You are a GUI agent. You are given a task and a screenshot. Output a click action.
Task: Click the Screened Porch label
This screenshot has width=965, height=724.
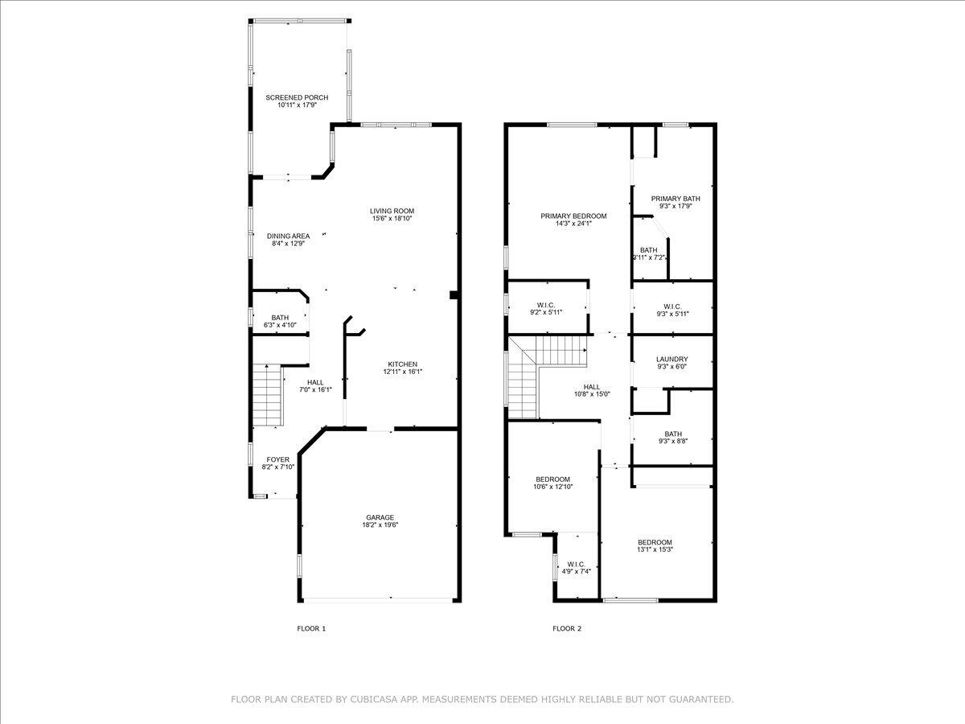(297, 97)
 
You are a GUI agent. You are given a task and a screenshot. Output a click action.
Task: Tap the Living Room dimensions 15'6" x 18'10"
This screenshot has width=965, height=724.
(392, 219)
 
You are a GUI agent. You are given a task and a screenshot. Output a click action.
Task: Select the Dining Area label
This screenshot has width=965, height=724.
(288, 236)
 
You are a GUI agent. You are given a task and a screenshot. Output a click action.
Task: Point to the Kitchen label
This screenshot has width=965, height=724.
(403, 364)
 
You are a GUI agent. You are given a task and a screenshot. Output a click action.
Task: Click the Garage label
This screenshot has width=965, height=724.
(380, 517)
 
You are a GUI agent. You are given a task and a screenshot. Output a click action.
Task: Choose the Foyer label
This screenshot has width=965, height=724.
(278, 460)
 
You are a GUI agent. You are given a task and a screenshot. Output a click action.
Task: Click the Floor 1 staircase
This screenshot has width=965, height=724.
(268, 395)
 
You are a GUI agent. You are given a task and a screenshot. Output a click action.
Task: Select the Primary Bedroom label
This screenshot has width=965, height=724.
(573, 216)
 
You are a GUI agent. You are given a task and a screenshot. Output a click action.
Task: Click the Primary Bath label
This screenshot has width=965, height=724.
(675, 199)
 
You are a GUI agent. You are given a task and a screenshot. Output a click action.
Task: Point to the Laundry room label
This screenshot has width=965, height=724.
(672, 360)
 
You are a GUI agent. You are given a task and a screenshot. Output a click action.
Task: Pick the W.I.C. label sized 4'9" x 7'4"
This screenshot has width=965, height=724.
(576, 564)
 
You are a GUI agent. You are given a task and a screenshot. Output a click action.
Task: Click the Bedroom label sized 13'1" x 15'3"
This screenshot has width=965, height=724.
(655, 542)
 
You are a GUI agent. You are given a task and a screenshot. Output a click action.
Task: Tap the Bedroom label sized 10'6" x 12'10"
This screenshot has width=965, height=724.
(552, 479)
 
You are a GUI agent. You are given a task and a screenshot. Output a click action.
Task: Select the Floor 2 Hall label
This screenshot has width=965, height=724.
(592, 387)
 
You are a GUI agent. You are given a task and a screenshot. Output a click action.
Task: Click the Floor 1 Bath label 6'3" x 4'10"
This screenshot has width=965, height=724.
(280, 318)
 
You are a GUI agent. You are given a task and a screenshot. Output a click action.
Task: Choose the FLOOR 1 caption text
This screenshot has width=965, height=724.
(311, 628)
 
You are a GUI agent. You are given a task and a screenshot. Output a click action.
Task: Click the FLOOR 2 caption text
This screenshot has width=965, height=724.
(566, 628)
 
